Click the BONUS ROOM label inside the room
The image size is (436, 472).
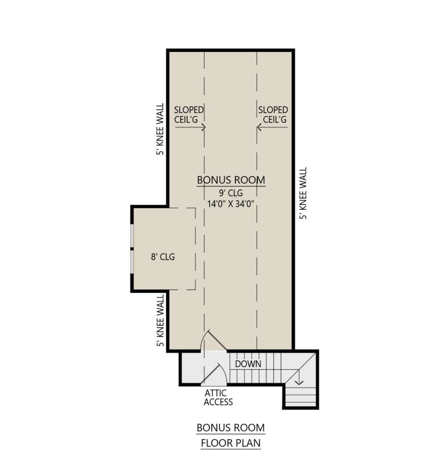pyautogui.click(x=231, y=180)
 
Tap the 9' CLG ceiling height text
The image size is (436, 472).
pyautogui.click(x=231, y=193)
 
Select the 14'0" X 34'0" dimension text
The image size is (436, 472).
pyautogui.click(x=231, y=204)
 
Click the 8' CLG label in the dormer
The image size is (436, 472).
pyautogui.click(x=163, y=257)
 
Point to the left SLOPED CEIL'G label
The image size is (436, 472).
pyautogui.click(x=189, y=114)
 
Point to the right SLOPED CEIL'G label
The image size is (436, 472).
pyautogui.click(x=273, y=114)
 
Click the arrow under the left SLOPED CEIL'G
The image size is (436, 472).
pyautogui.click(x=190, y=128)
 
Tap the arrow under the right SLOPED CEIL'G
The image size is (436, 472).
pyautogui.click(x=272, y=128)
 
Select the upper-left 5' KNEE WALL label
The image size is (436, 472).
pyautogui.click(x=160, y=129)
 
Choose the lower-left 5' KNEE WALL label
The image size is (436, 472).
pyautogui.click(x=160, y=320)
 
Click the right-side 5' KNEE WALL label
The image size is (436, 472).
pyautogui.click(x=303, y=193)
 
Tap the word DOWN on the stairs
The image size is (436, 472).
pyautogui.click(x=248, y=364)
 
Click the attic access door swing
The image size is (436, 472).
pyautogui.click(x=214, y=374)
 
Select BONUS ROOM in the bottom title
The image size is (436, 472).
pyautogui.click(x=231, y=428)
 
